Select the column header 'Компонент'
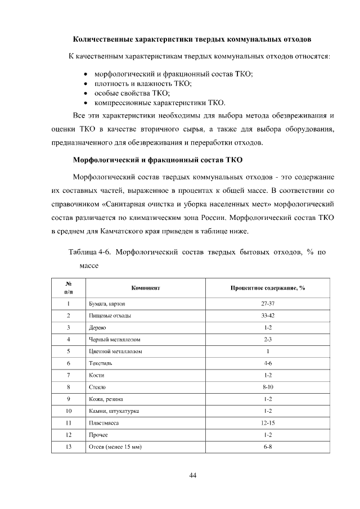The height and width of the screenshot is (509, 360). tap(146, 287)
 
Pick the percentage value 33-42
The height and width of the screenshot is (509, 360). tap(268, 316)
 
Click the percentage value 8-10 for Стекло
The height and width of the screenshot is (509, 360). tap(268, 388)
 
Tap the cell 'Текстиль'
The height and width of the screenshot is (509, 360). tap(101, 363)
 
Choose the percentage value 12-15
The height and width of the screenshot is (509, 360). tap(268, 423)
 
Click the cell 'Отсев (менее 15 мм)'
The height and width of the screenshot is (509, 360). tap(115, 447)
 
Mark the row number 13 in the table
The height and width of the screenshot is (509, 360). tap(67, 447)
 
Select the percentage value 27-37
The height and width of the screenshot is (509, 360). tap(268, 303)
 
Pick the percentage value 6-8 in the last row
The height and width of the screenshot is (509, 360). tap(268, 447)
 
